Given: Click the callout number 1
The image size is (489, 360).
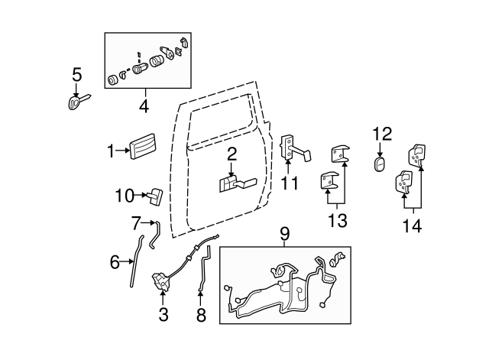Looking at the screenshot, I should [111, 151].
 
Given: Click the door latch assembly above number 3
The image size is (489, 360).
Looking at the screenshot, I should [164, 281].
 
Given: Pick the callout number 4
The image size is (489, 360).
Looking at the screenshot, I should [144, 106].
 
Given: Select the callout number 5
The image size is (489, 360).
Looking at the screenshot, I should [76, 75].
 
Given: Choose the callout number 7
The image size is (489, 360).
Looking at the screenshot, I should [136, 224].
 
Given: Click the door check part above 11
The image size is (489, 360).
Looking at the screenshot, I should [293, 148].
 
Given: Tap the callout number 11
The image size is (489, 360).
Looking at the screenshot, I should [289, 183].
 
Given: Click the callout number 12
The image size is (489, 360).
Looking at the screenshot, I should [381, 135].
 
